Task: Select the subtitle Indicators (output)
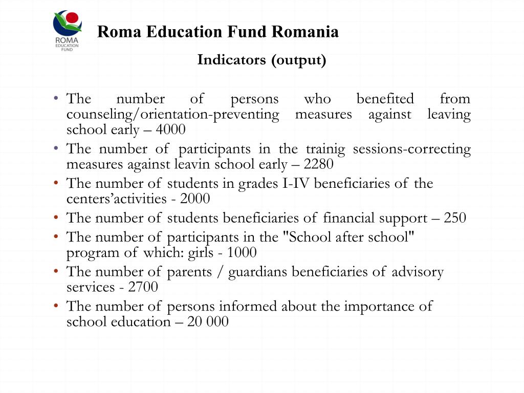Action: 261,60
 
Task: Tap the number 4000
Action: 170,129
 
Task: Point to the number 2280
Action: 318,164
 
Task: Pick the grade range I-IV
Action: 296,183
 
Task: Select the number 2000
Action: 195,199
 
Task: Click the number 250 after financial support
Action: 455,218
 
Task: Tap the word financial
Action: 349,218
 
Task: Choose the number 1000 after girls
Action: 242,253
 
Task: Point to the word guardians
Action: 258,272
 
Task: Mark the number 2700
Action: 143,288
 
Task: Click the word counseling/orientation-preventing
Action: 173,114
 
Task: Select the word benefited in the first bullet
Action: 385,99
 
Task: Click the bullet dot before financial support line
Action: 56,218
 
